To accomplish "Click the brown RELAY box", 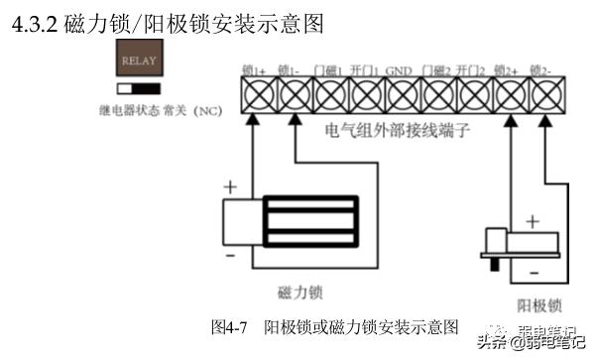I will pyautogui.click(x=138, y=60).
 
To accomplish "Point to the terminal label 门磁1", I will pyautogui.click(x=328, y=70).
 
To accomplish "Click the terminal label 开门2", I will pyautogui.click(x=470, y=70).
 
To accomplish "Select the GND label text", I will pyautogui.click(x=399, y=70).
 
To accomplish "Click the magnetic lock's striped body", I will pyautogui.click(x=309, y=220).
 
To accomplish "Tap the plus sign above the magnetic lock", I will pyautogui.click(x=231, y=186).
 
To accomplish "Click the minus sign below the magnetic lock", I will pyautogui.click(x=230, y=255).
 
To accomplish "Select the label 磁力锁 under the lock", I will pyautogui.click(x=301, y=293).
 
